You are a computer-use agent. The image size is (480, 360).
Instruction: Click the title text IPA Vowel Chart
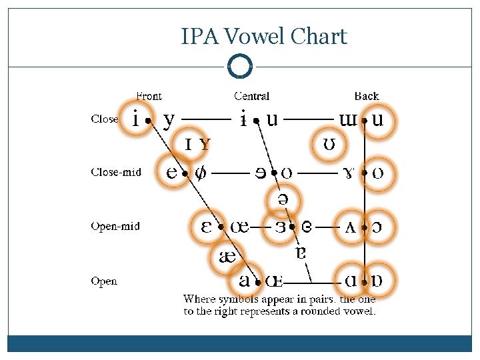point(264,36)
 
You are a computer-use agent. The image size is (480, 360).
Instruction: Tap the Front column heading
point(149,97)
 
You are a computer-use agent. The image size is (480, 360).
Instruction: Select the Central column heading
point(252,97)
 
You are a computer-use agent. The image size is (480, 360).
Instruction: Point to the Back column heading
point(367,97)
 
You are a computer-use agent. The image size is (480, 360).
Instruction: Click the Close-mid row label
point(116,172)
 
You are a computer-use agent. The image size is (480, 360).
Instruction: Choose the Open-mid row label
point(115,227)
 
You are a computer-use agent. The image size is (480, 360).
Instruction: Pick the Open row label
point(104,281)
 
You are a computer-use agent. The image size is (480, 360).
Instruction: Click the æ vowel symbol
point(228,256)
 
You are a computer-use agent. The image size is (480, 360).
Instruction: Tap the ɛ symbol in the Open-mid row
point(207,227)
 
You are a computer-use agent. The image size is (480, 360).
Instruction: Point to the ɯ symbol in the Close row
point(348,119)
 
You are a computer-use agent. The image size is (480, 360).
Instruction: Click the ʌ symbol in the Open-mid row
point(350,227)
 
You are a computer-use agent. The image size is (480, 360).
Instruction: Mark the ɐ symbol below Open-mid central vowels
point(301,252)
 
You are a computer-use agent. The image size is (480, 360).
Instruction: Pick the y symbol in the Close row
point(169,120)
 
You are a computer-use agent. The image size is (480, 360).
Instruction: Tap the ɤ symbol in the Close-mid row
point(348,173)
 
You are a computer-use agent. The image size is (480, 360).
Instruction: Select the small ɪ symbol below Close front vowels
point(189,144)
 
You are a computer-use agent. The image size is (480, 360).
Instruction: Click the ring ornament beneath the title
point(240,67)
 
